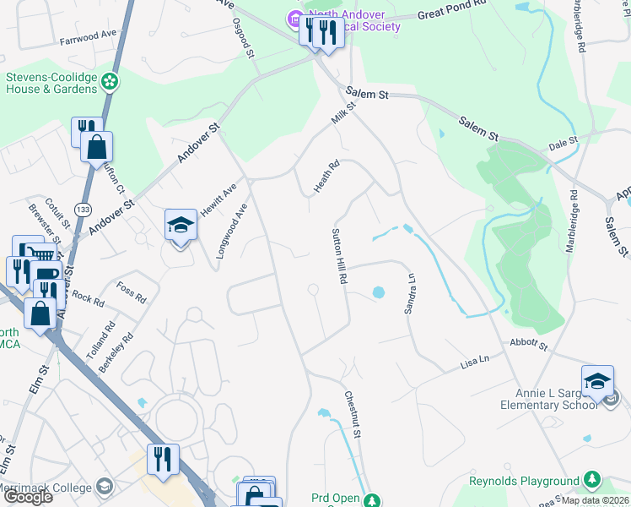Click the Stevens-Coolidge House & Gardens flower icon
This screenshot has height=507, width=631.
(x=109, y=81)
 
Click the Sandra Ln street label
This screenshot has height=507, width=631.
(x=411, y=293)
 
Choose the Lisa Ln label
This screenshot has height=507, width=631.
(x=475, y=361)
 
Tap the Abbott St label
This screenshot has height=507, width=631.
(x=529, y=345)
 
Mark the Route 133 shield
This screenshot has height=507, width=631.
(x=83, y=209)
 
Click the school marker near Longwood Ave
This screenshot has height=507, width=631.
(x=181, y=225)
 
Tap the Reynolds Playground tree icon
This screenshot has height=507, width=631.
(x=592, y=480)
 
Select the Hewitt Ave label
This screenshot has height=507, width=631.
(x=218, y=199)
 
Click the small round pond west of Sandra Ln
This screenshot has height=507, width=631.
(x=378, y=292)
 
